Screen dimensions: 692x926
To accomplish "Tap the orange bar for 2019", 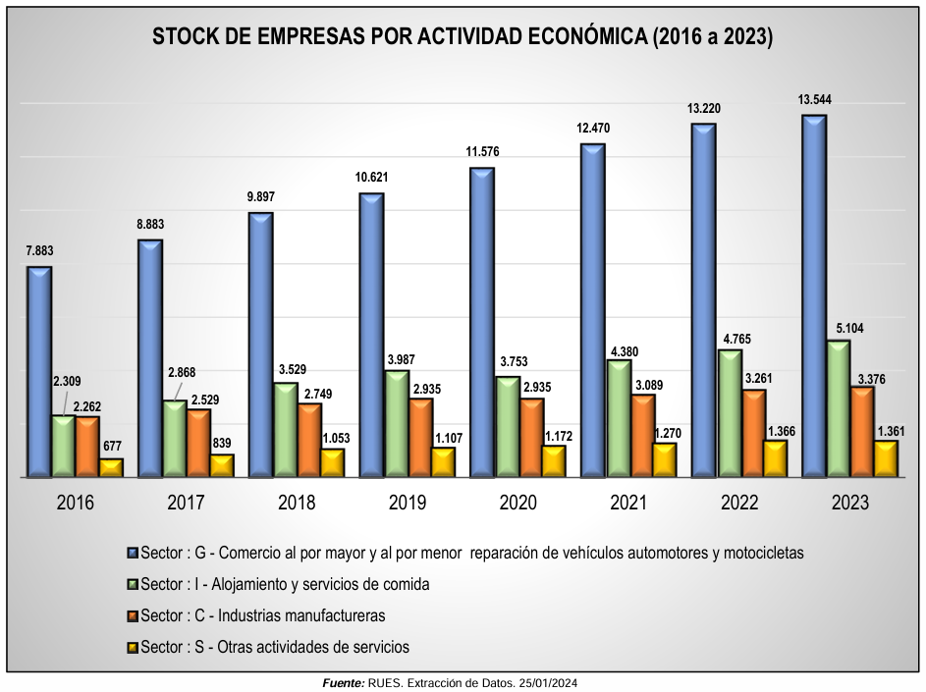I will [x=421, y=438].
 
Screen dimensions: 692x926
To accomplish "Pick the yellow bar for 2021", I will [x=666, y=460].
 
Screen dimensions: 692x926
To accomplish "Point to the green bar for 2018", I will [x=286, y=430].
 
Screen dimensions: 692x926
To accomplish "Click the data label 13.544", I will [x=815, y=100].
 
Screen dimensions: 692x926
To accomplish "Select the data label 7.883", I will [x=39, y=251].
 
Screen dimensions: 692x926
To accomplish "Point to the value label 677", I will [x=111, y=445].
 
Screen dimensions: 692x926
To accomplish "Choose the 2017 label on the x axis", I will [x=186, y=503].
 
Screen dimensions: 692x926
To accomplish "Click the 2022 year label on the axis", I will [x=739, y=503].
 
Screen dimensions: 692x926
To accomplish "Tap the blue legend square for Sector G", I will [x=133, y=553].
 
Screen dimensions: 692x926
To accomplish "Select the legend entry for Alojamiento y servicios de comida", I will [x=285, y=584].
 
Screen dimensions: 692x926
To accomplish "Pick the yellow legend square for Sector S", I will [x=133, y=647].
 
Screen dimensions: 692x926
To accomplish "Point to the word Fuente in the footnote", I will [x=344, y=682].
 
